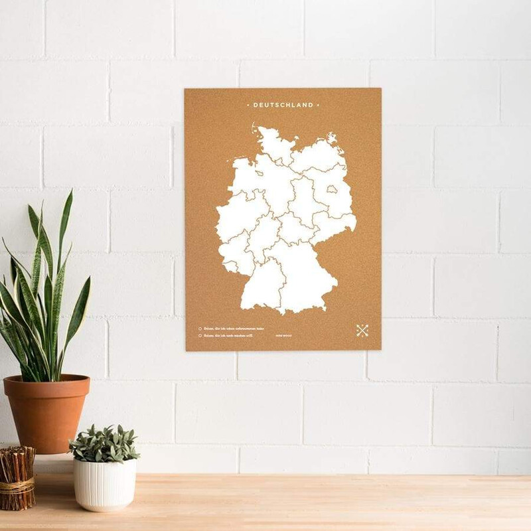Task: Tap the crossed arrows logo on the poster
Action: click(x=362, y=330)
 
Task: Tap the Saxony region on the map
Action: click(x=332, y=226)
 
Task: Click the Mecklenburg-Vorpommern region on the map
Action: click(x=315, y=159)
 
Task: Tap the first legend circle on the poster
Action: click(x=200, y=328)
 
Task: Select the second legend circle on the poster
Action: click(x=200, y=336)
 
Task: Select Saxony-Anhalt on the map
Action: click(x=305, y=200)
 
